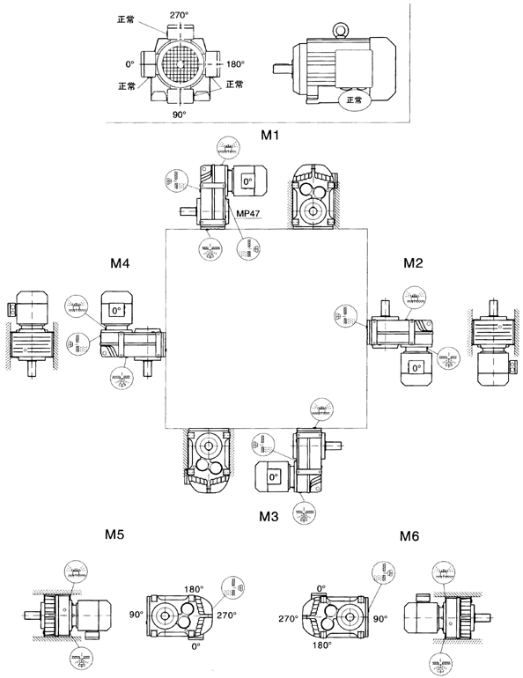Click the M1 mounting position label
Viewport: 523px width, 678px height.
[269, 135]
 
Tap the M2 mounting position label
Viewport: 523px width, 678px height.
[415, 262]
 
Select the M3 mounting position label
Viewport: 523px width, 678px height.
[270, 517]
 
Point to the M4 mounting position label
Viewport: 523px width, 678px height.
[121, 262]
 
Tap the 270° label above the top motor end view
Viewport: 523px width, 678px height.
[180, 15]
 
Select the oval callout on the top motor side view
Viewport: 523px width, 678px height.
[354, 100]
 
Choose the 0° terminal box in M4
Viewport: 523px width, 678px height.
[115, 310]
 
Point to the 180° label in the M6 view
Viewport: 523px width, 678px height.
[321, 645]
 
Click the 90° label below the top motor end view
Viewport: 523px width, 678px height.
[180, 114]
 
